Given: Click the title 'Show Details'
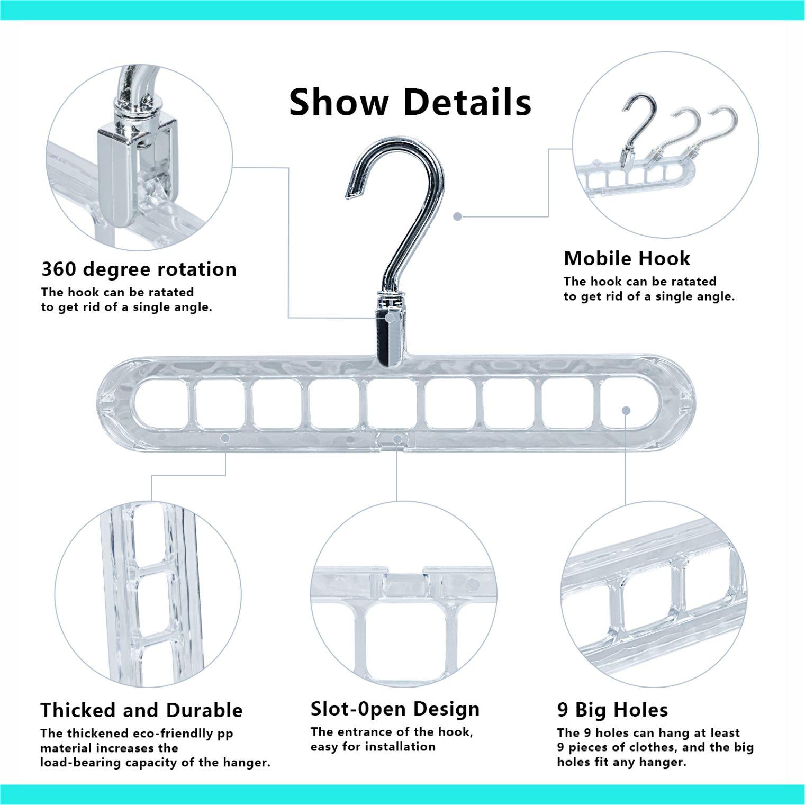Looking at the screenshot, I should [410, 102].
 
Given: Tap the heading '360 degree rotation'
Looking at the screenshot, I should [139, 269].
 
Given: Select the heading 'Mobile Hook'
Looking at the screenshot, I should [627, 258].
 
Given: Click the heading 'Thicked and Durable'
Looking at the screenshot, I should [141, 710].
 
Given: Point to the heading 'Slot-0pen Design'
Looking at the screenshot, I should [395, 709].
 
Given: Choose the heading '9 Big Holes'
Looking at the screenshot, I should [612, 709].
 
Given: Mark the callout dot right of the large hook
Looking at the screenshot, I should [458, 216].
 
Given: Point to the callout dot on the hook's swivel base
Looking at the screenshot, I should [390, 318].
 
